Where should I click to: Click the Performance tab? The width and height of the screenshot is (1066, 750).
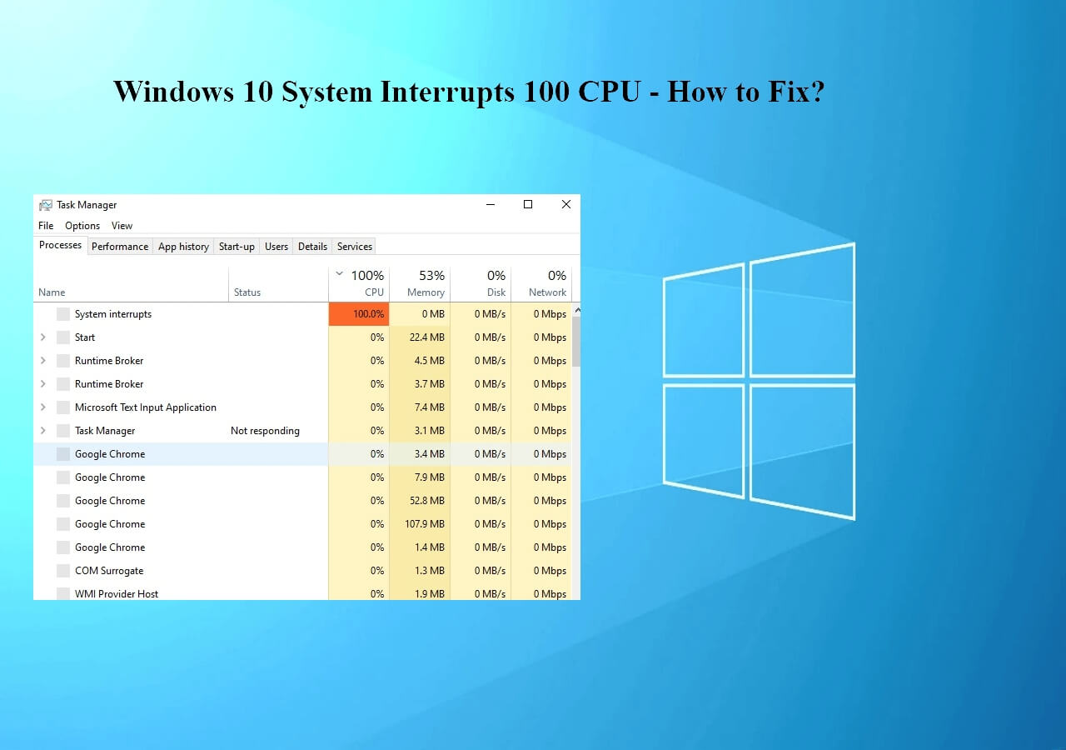pos(120,246)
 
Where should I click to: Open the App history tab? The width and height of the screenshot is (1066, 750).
pos(184,246)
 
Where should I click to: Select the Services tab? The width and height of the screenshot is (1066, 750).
pos(355,246)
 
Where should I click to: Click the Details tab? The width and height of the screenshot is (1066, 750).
pos(312,246)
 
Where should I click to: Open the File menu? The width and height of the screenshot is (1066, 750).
pos(46,226)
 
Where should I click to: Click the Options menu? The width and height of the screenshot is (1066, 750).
pos(82,226)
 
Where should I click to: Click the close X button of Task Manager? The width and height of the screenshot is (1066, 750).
pos(565,204)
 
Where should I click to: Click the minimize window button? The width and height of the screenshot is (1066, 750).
pos(491,204)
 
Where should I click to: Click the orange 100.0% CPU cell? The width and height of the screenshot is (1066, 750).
pos(359,314)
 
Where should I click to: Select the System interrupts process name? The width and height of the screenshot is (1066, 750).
pos(112,314)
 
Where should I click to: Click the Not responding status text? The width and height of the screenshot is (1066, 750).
pos(265,431)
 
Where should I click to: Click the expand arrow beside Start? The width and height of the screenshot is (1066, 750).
pos(43,337)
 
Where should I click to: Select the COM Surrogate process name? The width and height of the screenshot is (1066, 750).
pos(109,571)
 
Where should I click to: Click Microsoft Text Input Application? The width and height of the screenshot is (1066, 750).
pos(145,407)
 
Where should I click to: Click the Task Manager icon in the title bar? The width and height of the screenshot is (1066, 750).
pos(46,205)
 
